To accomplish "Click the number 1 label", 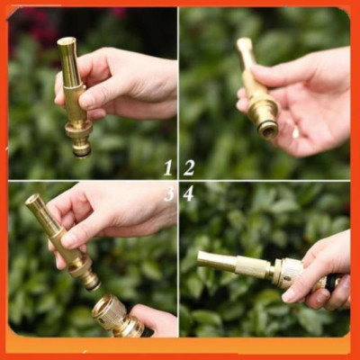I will point(168,167).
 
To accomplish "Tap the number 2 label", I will point(189,167).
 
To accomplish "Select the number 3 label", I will point(168,193).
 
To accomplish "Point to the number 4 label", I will point(189,193).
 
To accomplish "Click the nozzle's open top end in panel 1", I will point(66,41).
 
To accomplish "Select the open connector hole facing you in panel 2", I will point(267,130).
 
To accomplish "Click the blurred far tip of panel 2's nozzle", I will point(244,44).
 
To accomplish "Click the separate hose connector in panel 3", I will point(112,315).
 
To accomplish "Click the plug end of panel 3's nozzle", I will point(91,281).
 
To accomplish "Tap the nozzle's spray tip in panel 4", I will point(203,260).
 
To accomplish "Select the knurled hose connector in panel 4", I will point(286,271).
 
